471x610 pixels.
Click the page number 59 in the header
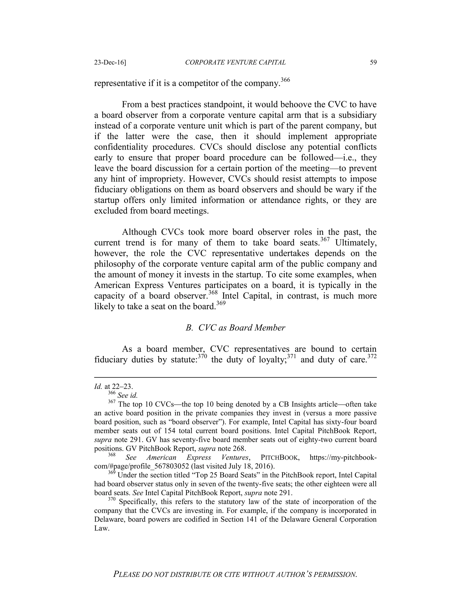[373, 62]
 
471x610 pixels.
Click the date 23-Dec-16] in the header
[110, 62]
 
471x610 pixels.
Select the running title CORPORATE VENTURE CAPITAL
[235, 62]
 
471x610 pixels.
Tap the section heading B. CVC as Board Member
[235, 328]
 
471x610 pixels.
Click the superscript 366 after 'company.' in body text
[285, 80]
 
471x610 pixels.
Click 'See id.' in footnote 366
[127, 395]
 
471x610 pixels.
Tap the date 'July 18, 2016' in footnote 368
[250, 466]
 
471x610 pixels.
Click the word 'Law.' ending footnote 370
[101, 529]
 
